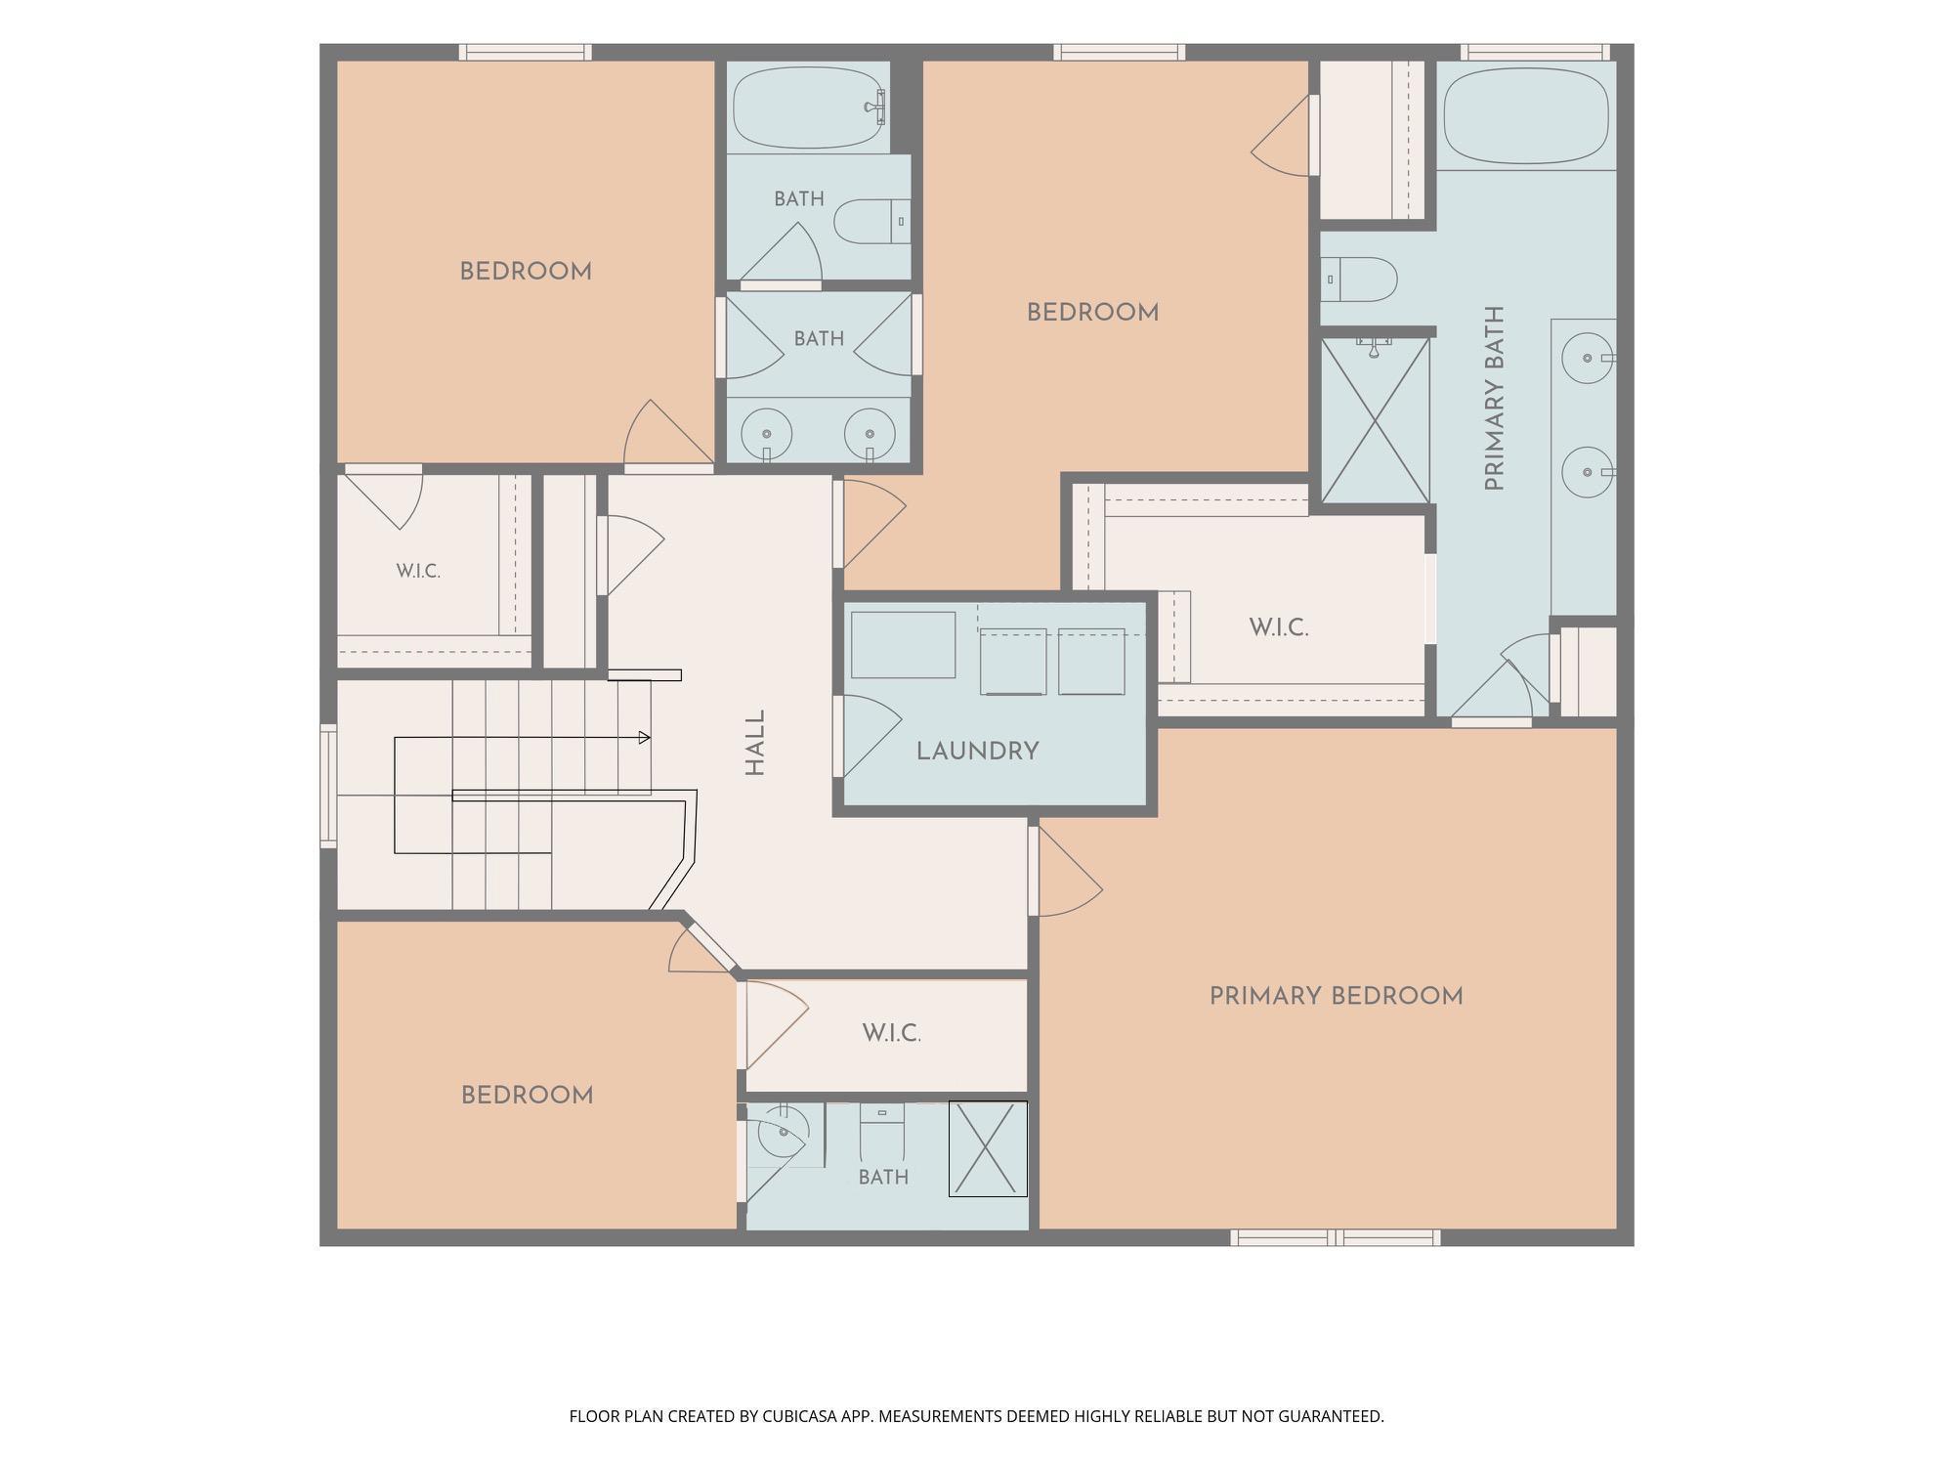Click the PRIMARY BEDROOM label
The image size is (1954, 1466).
point(1336,997)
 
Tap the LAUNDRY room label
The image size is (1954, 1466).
point(977,752)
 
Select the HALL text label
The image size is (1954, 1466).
point(755,743)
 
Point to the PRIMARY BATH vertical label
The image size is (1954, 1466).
point(1494,398)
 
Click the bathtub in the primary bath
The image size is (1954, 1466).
point(1525,115)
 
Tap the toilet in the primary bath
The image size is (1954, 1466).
point(1358,280)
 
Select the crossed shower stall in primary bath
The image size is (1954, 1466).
point(1375,421)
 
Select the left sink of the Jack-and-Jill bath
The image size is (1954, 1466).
point(766,434)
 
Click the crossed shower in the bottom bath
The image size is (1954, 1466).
point(988,1149)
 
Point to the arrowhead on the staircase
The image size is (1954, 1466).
point(645,738)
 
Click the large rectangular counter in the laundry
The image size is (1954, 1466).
point(903,645)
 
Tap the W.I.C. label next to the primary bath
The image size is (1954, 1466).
point(1278,627)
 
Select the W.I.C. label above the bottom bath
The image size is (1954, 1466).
point(891,1033)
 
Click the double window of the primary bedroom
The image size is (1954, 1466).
point(1335,1238)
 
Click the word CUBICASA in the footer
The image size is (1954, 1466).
point(804,1416)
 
